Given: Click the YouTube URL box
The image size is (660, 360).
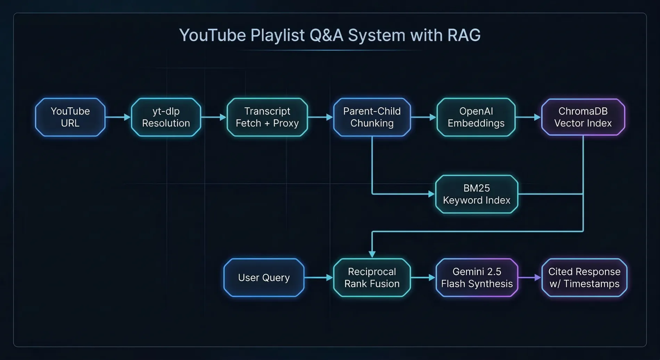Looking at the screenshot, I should pyautogui.click(x=70, y=117).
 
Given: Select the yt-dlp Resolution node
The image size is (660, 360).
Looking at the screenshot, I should pyautogui.click(x=166, y=117).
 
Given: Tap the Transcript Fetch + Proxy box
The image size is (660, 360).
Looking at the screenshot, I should pyautogui.click(x=267, y=117).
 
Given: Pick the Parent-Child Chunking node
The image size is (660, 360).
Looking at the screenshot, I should pyautogui.click(x=372, y=117).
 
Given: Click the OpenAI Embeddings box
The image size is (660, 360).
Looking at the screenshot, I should pyautogui.click(x=476, y=117).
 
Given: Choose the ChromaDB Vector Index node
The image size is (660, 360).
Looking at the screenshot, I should pyautogui.click(x=583, y=117).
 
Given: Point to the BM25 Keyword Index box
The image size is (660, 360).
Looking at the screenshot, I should pyautogui.click(x=477, y=194).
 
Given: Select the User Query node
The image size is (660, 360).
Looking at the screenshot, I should pyautogui.click(x=264, y=278).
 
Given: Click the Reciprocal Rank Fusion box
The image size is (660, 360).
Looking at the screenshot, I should pyautogui.click(x=372, y=278).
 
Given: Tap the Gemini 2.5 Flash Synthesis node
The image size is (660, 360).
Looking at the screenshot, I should pyautogui.click(x=477, y=278).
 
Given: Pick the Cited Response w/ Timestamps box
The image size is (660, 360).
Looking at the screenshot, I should pyautogui.click(x=584, y=278).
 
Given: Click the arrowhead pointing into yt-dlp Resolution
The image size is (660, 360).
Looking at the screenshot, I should pyautogui.click(x=127, y=117).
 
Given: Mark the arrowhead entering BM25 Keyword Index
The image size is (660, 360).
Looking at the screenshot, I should pyautogui.click(x=432, y=194).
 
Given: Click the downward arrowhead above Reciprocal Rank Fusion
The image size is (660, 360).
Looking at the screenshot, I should pyautogui.click(x=372, y=254).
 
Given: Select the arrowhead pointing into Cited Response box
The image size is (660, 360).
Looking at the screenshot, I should pyautogui.click(x=538, y=278).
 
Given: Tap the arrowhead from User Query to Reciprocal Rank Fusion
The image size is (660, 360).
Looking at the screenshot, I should pyautogui.click(x=330, y=278).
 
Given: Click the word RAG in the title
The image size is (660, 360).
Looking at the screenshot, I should pyautogui.click(x=464, y=35).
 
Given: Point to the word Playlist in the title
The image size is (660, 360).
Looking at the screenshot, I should pyautogui.click(x=278, y=35).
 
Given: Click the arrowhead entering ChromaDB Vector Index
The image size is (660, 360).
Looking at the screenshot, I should pyautogui.click(x=537, y=117).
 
